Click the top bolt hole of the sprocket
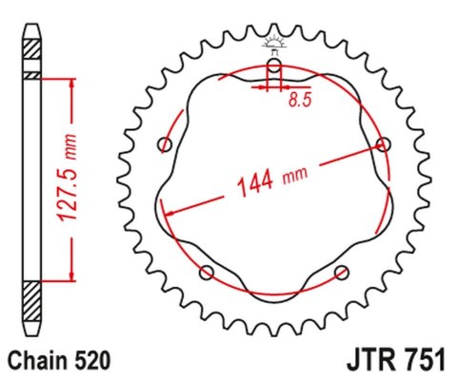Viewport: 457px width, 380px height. coord(274,66)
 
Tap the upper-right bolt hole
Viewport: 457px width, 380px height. coord(384,144)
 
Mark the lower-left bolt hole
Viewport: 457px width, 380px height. coord(207,274)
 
